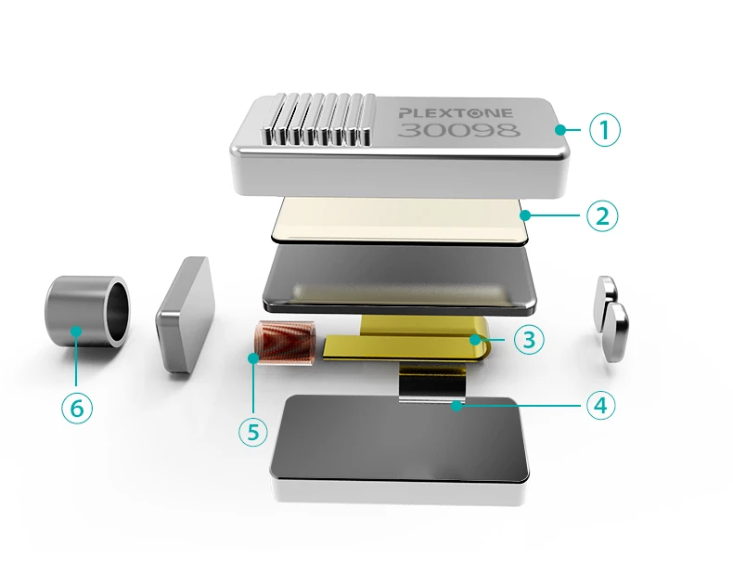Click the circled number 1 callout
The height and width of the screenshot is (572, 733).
(x=604, y=130)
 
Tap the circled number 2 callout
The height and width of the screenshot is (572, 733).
(x=602, y=215)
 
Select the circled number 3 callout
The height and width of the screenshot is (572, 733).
(x=529, y=339)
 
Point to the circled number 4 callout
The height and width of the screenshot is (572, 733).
(x=600, y=405)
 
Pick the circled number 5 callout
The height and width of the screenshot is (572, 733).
(x=253, y=431)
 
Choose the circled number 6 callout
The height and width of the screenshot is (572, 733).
(x=77, y=409)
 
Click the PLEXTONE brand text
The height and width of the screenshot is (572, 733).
(x=456, y=113)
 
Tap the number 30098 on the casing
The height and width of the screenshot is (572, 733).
(x=459, y=131)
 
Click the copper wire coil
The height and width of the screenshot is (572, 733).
(x=285, y=344)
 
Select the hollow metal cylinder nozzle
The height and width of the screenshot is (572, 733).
(x=87, y=311)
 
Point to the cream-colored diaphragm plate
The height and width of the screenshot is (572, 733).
(x=402, y=220)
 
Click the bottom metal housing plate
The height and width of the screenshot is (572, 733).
(x=401, y=450)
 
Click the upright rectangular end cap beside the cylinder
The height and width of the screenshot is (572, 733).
(x=185, y=314)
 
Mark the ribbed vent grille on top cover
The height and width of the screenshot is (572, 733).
(x=318, y=119)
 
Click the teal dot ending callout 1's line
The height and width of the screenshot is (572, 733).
(x=560, y=130)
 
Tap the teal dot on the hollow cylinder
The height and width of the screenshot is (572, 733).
(x=77, y=331)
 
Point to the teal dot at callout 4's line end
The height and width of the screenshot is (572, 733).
(x=457, y=406)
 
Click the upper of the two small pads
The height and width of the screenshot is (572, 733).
(x=606, y=295)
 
